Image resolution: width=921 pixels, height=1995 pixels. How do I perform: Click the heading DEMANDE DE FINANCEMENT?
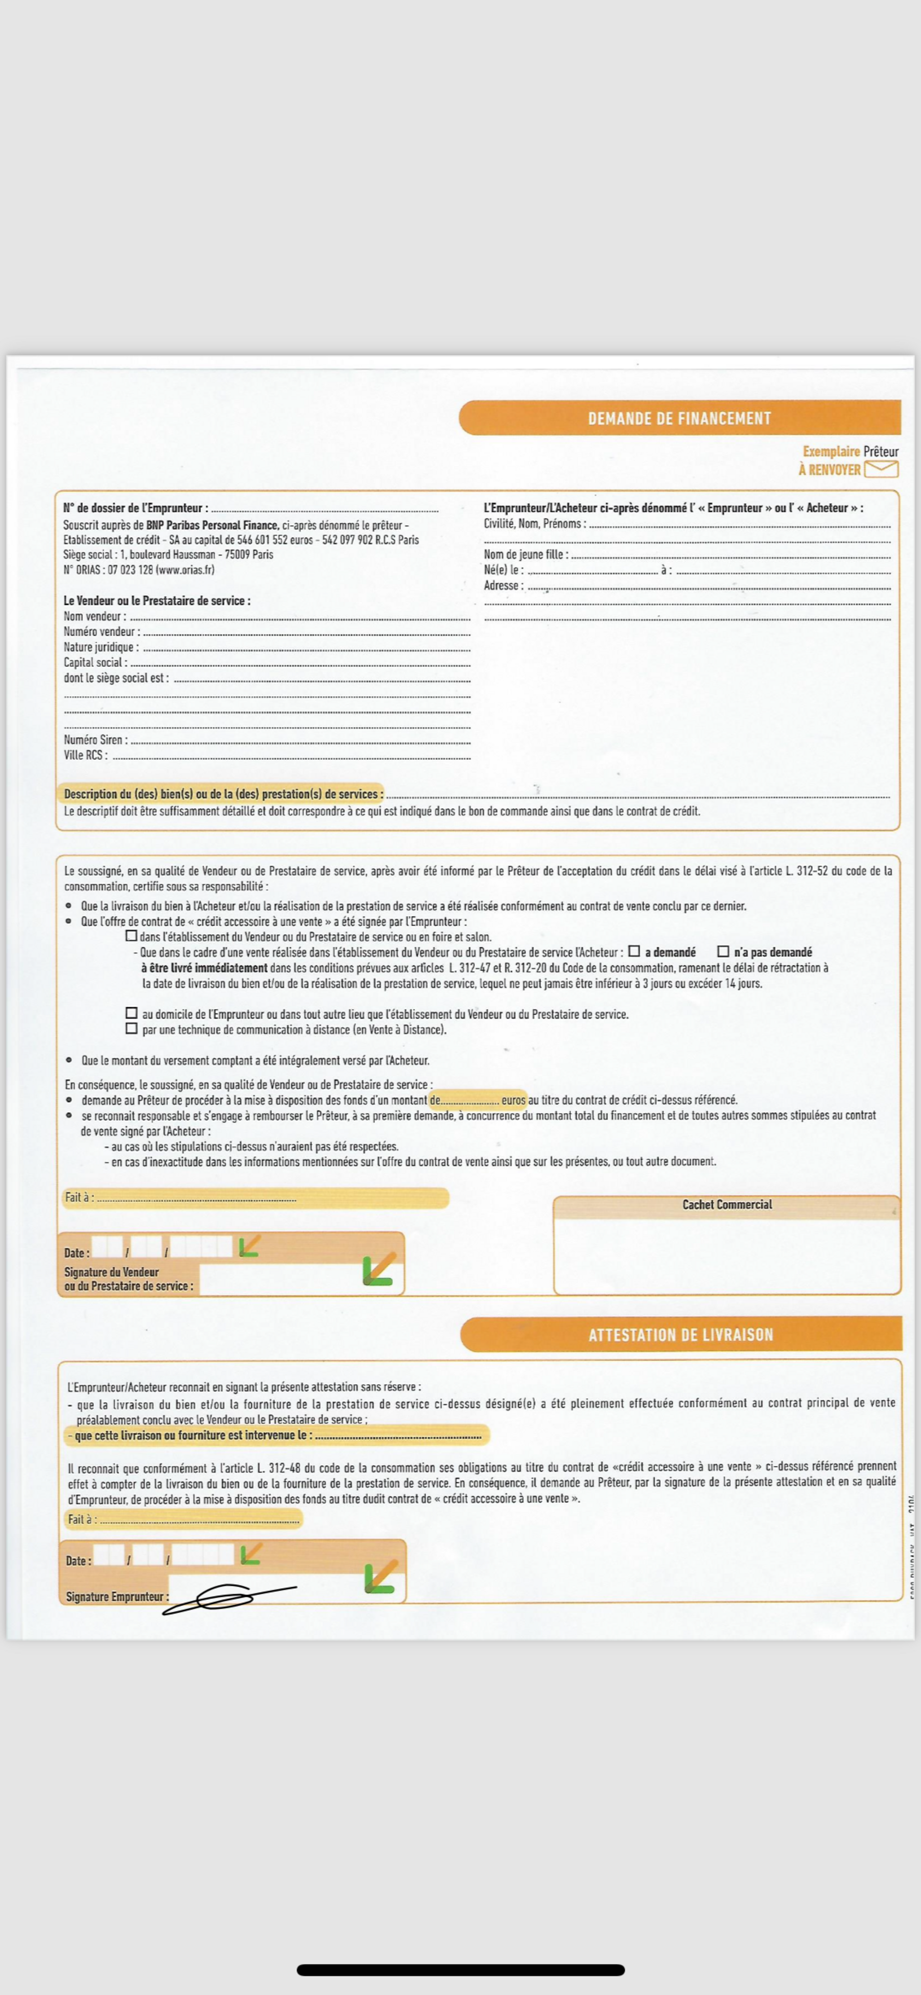[x=679, y=418]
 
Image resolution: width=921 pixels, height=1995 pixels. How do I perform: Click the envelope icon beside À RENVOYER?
[x=881, y=468]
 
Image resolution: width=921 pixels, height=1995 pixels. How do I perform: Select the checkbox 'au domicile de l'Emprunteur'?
[x=132, y=1013]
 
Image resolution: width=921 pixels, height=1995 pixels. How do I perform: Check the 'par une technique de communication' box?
[x=132, y=1028]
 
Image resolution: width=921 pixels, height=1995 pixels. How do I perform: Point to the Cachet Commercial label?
[x=727, y=1204]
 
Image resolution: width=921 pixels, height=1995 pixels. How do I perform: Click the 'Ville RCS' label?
[x=85, y=755]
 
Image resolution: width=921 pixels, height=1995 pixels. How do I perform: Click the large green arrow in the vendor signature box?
[x=379, y=1270]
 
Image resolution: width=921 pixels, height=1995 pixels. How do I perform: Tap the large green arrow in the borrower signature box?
[x=381, y=1577]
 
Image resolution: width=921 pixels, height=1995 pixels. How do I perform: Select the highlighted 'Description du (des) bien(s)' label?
[x=223, y=794]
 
